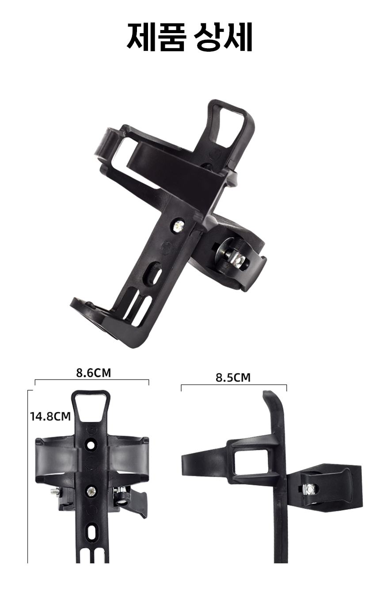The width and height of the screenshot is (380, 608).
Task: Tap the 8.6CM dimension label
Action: (x=93, y=372)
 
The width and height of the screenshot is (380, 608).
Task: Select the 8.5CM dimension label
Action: (x=233, y=377)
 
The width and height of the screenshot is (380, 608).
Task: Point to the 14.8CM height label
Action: (x=50, y=416)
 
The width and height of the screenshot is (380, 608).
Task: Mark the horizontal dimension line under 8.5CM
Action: (x=234, y=385)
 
